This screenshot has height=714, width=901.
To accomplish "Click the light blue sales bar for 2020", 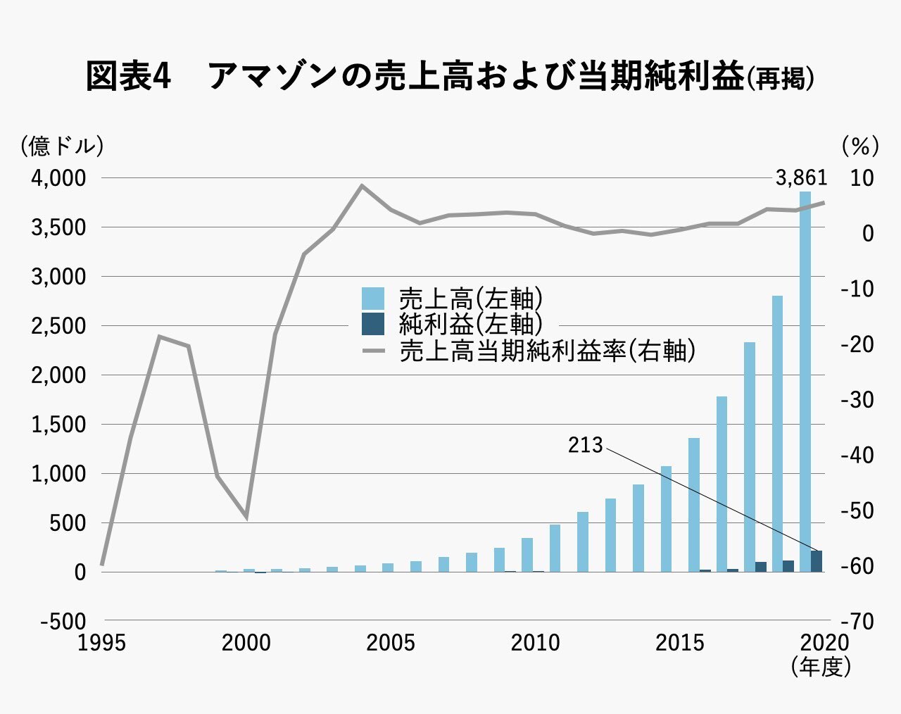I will point(805,380).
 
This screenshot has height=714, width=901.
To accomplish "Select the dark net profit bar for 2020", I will point(817,561).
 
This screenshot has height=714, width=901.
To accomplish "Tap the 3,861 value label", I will point(801,178).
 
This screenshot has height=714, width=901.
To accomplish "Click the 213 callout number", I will point(586,446).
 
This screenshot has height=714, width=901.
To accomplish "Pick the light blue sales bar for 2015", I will point(666,519).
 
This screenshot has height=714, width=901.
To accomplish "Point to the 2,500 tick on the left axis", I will point(58,327).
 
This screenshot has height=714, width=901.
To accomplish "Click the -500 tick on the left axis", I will point(63,622).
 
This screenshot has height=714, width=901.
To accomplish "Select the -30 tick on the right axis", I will point(857,400).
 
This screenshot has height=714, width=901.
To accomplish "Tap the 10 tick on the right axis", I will point(861,178).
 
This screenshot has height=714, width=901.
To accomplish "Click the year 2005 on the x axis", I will point(391,643).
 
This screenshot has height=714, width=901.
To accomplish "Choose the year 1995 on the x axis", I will point(102,643).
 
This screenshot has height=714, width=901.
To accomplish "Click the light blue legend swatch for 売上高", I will point(373,298).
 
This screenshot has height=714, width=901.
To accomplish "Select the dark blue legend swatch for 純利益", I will point(373,324).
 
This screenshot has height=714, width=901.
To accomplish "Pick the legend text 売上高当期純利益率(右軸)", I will point(547,351).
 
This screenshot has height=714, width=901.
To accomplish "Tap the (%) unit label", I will point(860,146).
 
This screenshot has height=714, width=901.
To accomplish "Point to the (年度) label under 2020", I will point(821,666).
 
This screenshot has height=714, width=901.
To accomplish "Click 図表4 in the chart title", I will point(128,76).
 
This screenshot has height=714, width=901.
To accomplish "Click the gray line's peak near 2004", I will point(361,186).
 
